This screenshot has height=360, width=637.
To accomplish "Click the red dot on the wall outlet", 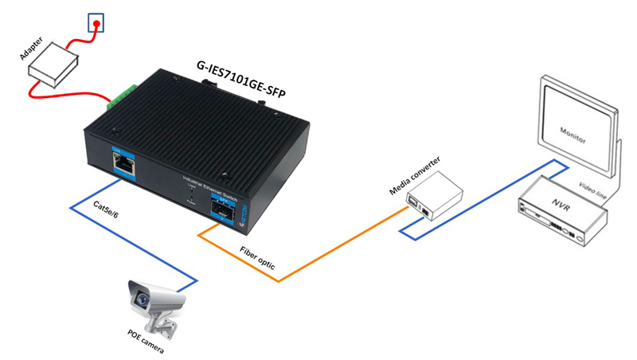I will click(x=97, y=25).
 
